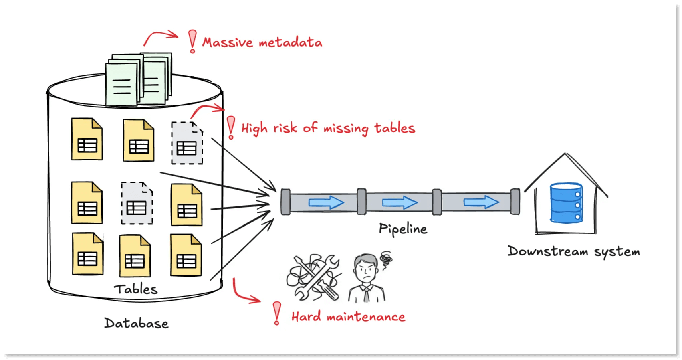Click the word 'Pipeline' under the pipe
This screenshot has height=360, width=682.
[x=403, y=229]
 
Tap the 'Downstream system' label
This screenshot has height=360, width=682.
[x=573, y=251]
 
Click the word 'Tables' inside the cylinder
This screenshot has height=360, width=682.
[x=135, y=289]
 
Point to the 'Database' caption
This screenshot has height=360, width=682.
[x=136, y=323]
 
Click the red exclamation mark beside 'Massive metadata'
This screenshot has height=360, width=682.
[x=193, y=41]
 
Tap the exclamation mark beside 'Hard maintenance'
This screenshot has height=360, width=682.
[x=276, y=313]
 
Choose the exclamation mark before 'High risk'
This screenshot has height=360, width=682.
[x=231, y=127]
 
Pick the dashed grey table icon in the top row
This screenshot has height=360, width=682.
[x=187, y=143]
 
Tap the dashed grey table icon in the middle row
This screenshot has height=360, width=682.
[x=137, y=203]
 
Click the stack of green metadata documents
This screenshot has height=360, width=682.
[x=138, y=79]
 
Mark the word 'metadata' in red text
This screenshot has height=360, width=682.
[x=290, y=42]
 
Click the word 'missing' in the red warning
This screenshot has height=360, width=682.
[x=345, y=129]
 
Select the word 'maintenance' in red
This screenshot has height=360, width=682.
[x=366, y=317]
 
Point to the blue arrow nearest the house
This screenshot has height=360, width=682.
[x=481, y=202]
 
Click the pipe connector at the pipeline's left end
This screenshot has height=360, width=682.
[x=285, y=202]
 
